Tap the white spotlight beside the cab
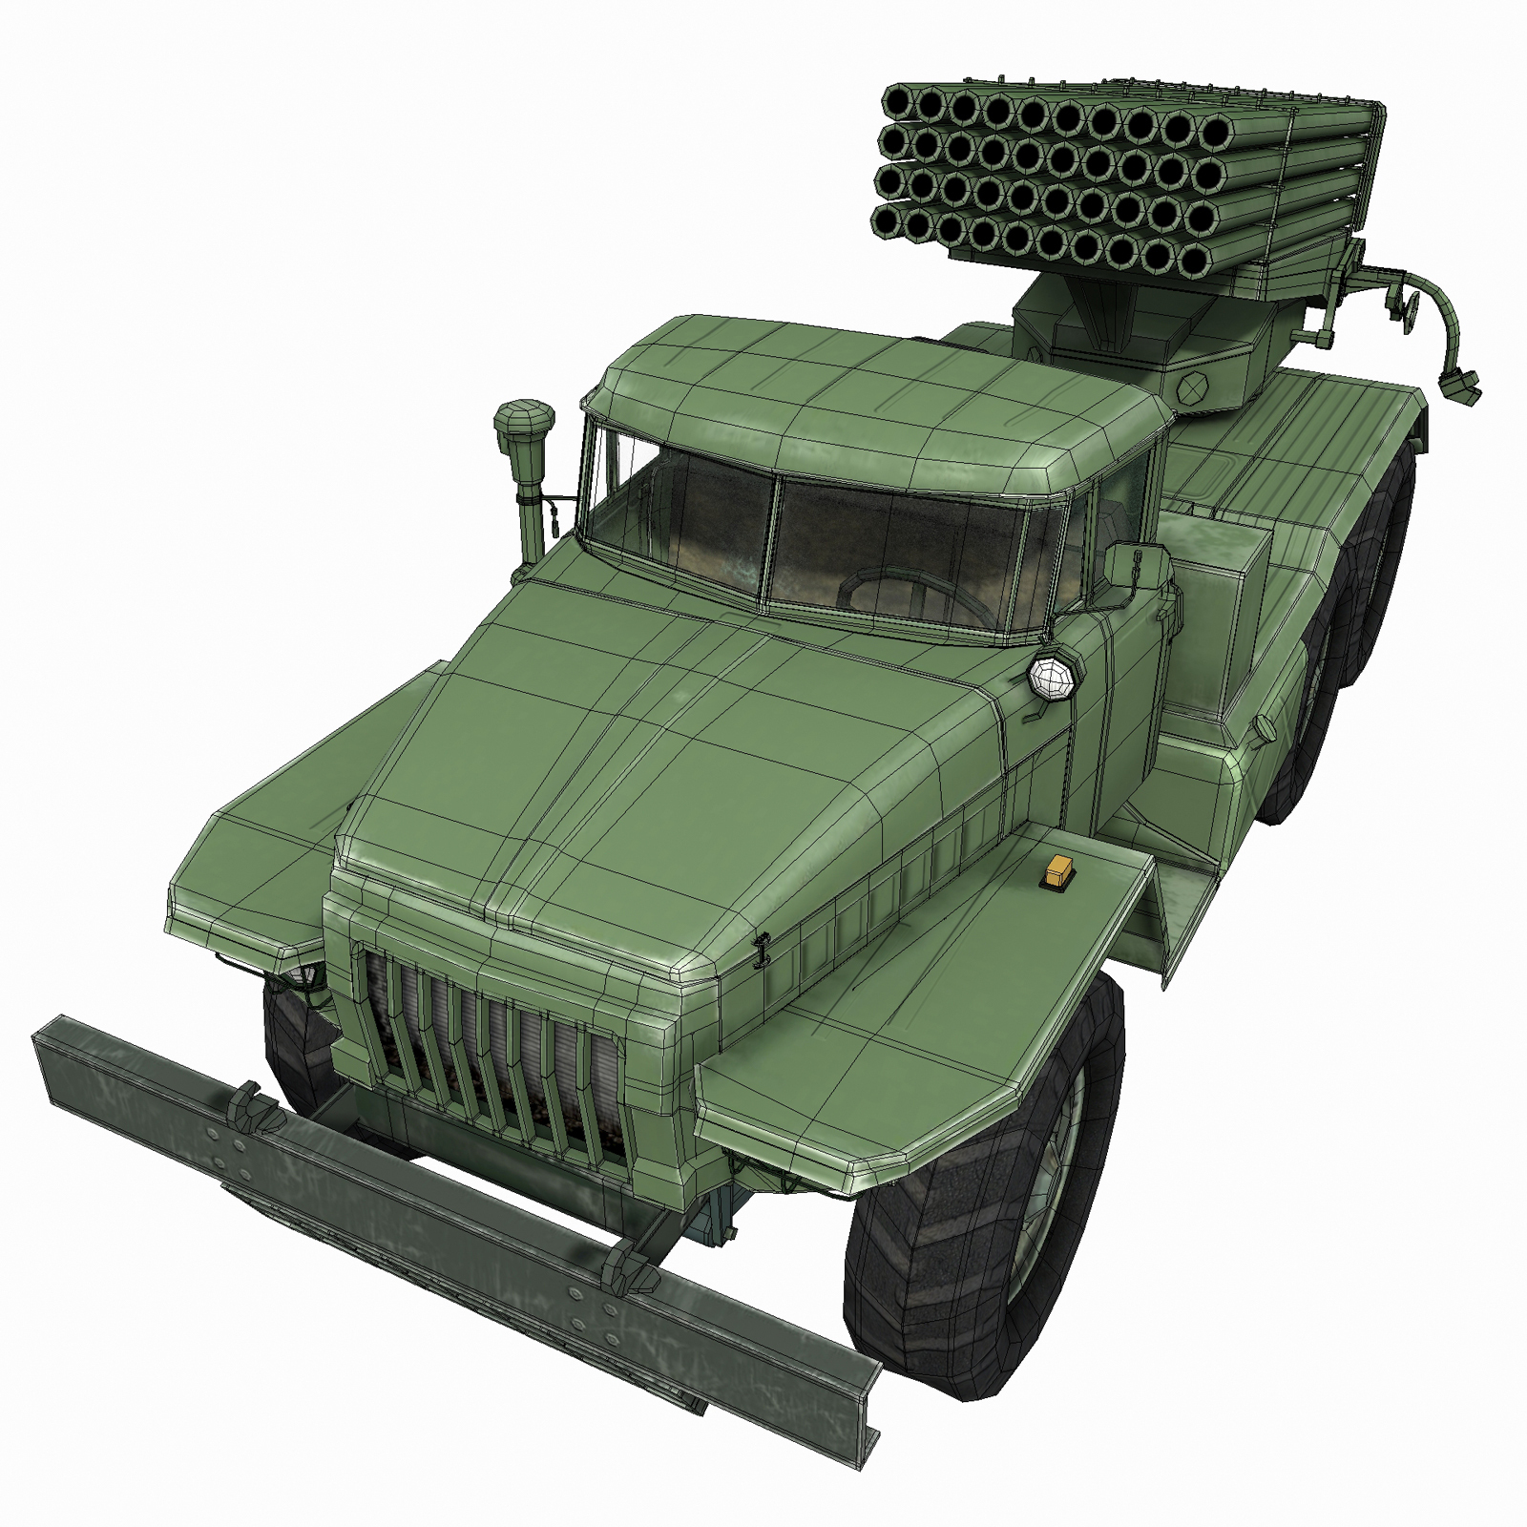[x=1052, y=675]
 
